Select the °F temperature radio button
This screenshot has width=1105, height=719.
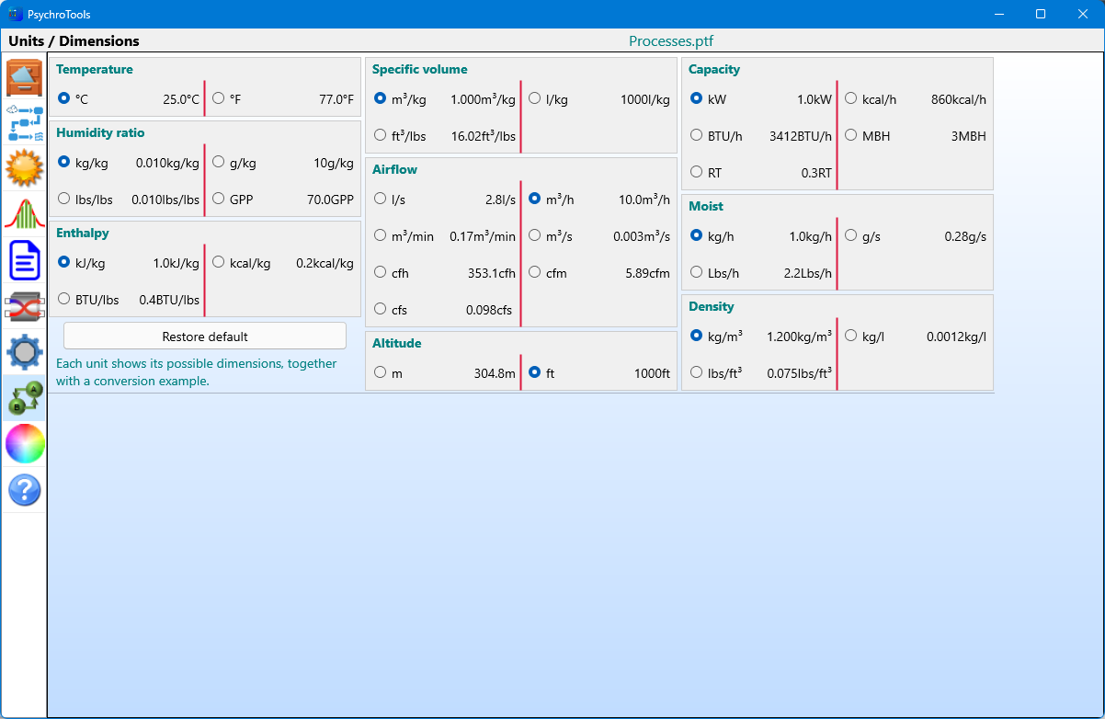pos(219,98)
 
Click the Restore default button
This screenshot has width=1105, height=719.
pos(205,337)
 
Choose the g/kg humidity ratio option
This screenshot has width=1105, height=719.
pos(219,162)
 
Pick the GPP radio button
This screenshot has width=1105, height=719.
pos(219,199)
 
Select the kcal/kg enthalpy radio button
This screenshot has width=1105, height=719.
pos(219,262)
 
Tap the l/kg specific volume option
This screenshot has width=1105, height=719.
pos(535,98)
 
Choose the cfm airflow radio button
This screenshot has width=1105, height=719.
pos(535,272)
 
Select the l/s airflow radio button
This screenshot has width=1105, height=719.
pos(381,199)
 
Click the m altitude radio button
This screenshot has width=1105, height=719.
pos(381,372)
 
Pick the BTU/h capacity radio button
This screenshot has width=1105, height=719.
pos(697,135)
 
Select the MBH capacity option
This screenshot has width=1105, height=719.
pos(851,135)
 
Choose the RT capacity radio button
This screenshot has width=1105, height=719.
pos(697,172)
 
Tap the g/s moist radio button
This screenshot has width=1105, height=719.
pos(851,235)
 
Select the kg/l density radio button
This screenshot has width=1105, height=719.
pos(851,336)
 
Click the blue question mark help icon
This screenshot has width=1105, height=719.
pos(25,490)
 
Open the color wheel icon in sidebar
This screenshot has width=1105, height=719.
pos(25,444)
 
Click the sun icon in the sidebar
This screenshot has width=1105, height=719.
pos(25,168)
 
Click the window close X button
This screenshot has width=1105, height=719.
pos(1083,14)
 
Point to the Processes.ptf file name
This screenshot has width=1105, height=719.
pos(671,41)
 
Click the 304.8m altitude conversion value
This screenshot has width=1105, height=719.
pos(495,373)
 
